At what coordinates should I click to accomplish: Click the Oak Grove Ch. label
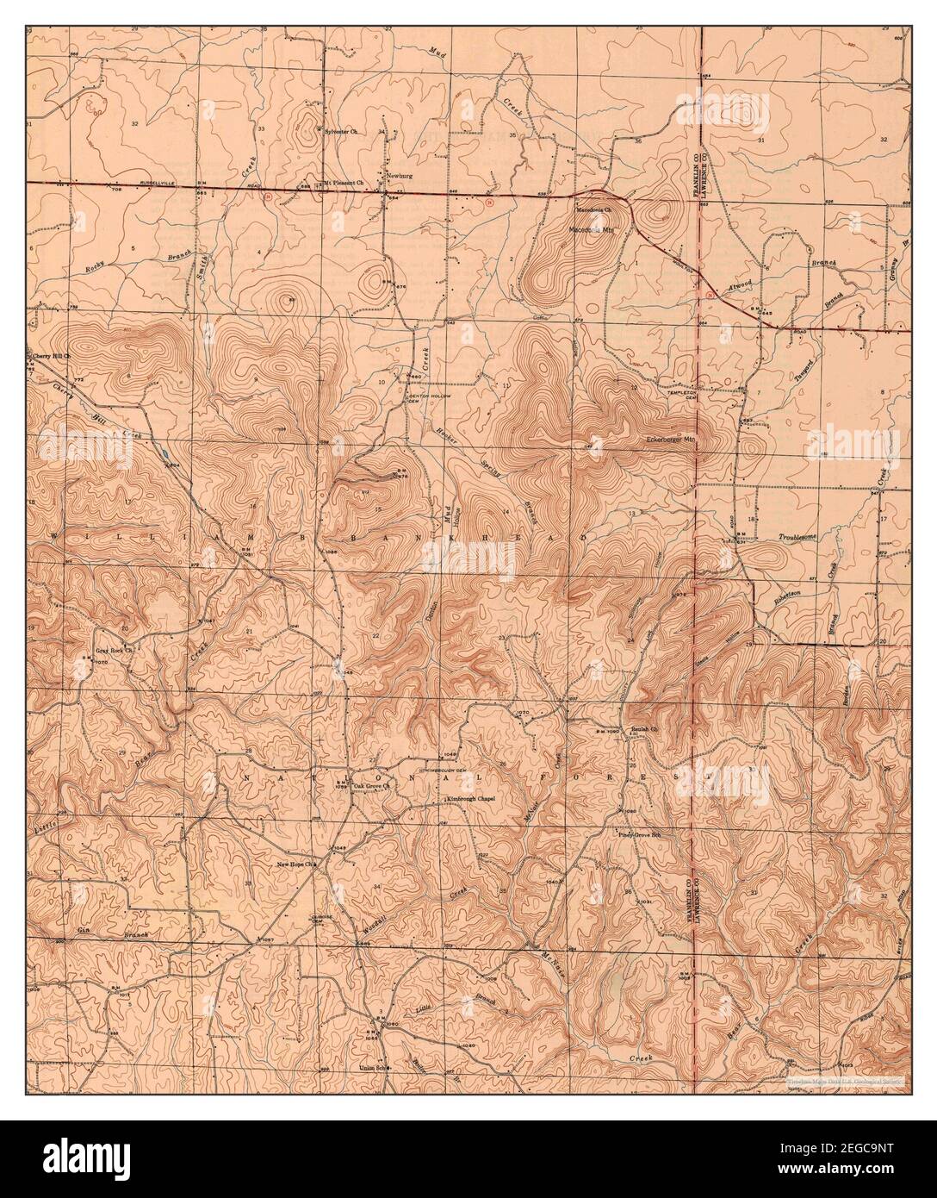click(373, 786)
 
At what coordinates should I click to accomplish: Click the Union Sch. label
click(373, 1069)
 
